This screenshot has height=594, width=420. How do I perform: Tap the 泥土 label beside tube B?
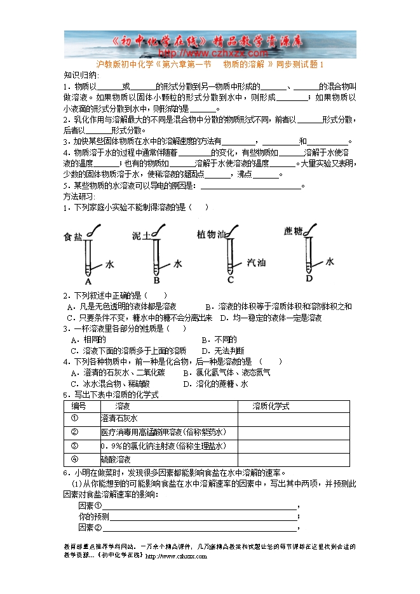point(140,236)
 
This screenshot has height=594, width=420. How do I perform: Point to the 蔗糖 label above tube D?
point(293,231)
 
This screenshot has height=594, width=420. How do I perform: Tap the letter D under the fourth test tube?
point(309,278)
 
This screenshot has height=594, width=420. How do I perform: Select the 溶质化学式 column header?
point(271,405)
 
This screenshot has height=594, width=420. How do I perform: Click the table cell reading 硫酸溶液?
point(116,459)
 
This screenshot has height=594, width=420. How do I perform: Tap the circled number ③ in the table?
point(74,445)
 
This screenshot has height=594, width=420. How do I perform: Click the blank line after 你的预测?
point(203,516)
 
